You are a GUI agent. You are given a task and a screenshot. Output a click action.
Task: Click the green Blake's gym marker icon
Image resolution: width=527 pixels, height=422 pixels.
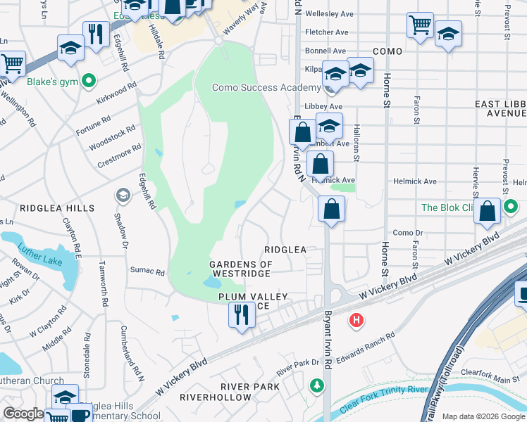[89, 82]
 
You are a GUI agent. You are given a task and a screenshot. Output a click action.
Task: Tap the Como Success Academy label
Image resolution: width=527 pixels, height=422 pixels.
[266, 88]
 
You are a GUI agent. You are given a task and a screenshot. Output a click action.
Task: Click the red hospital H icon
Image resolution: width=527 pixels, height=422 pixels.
[357, 321]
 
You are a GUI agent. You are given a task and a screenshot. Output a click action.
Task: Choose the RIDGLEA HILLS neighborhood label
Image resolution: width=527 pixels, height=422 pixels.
[57, 209]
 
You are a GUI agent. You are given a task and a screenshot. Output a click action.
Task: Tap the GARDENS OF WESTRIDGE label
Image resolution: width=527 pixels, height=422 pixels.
[240, 269]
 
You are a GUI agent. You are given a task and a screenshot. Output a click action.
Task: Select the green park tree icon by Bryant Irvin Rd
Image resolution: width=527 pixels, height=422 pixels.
[317, 385]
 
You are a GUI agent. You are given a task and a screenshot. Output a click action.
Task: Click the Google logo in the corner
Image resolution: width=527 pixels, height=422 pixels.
[23, 413]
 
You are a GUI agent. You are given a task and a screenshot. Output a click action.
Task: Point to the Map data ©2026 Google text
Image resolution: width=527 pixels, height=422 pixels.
[483, 416]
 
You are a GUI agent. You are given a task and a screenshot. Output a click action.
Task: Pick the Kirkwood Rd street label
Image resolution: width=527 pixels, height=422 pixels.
[116, 92]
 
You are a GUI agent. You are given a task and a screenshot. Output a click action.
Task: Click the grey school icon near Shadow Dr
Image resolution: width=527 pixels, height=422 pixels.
[123, 194]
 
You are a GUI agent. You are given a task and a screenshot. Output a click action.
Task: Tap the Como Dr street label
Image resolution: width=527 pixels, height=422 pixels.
[407, 233]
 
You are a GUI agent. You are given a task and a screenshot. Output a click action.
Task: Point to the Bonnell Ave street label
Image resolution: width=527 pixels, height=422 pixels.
[325, 51]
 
